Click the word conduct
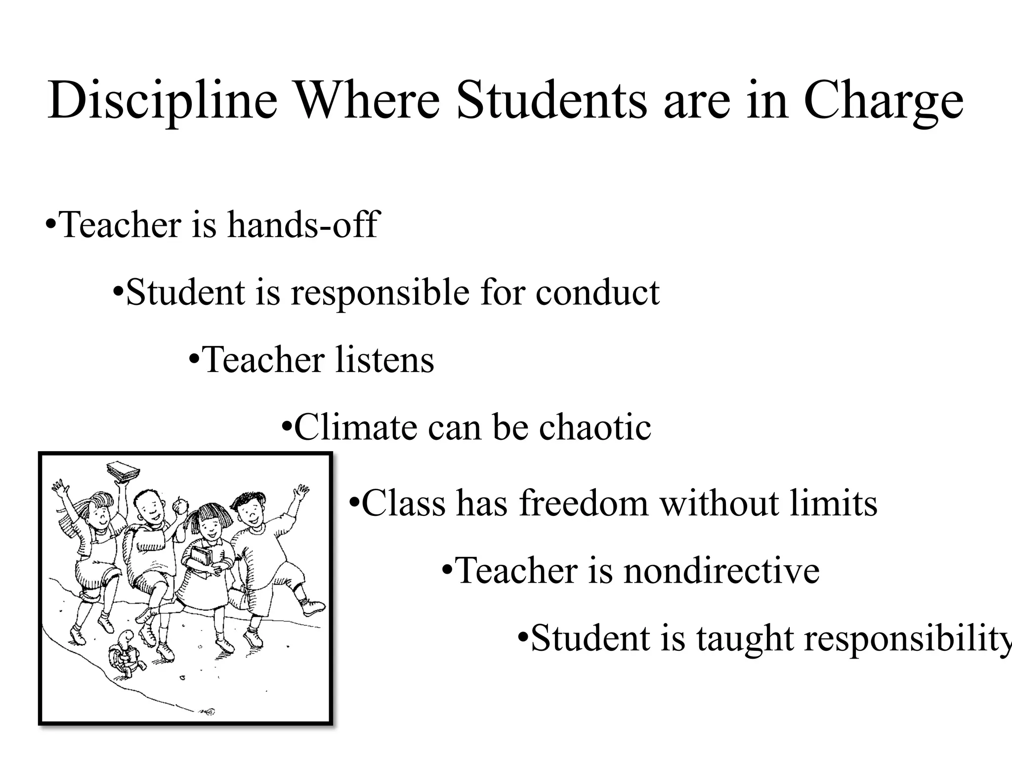pyautogui.click(x=597, y=293)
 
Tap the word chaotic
pyautogui.click(x=595, y=427)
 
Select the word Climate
pyautogui.click(x=356, y=427)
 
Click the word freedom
pyautogui.click(x=584, y=503)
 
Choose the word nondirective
pyautogui.click(x=721, y=571)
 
